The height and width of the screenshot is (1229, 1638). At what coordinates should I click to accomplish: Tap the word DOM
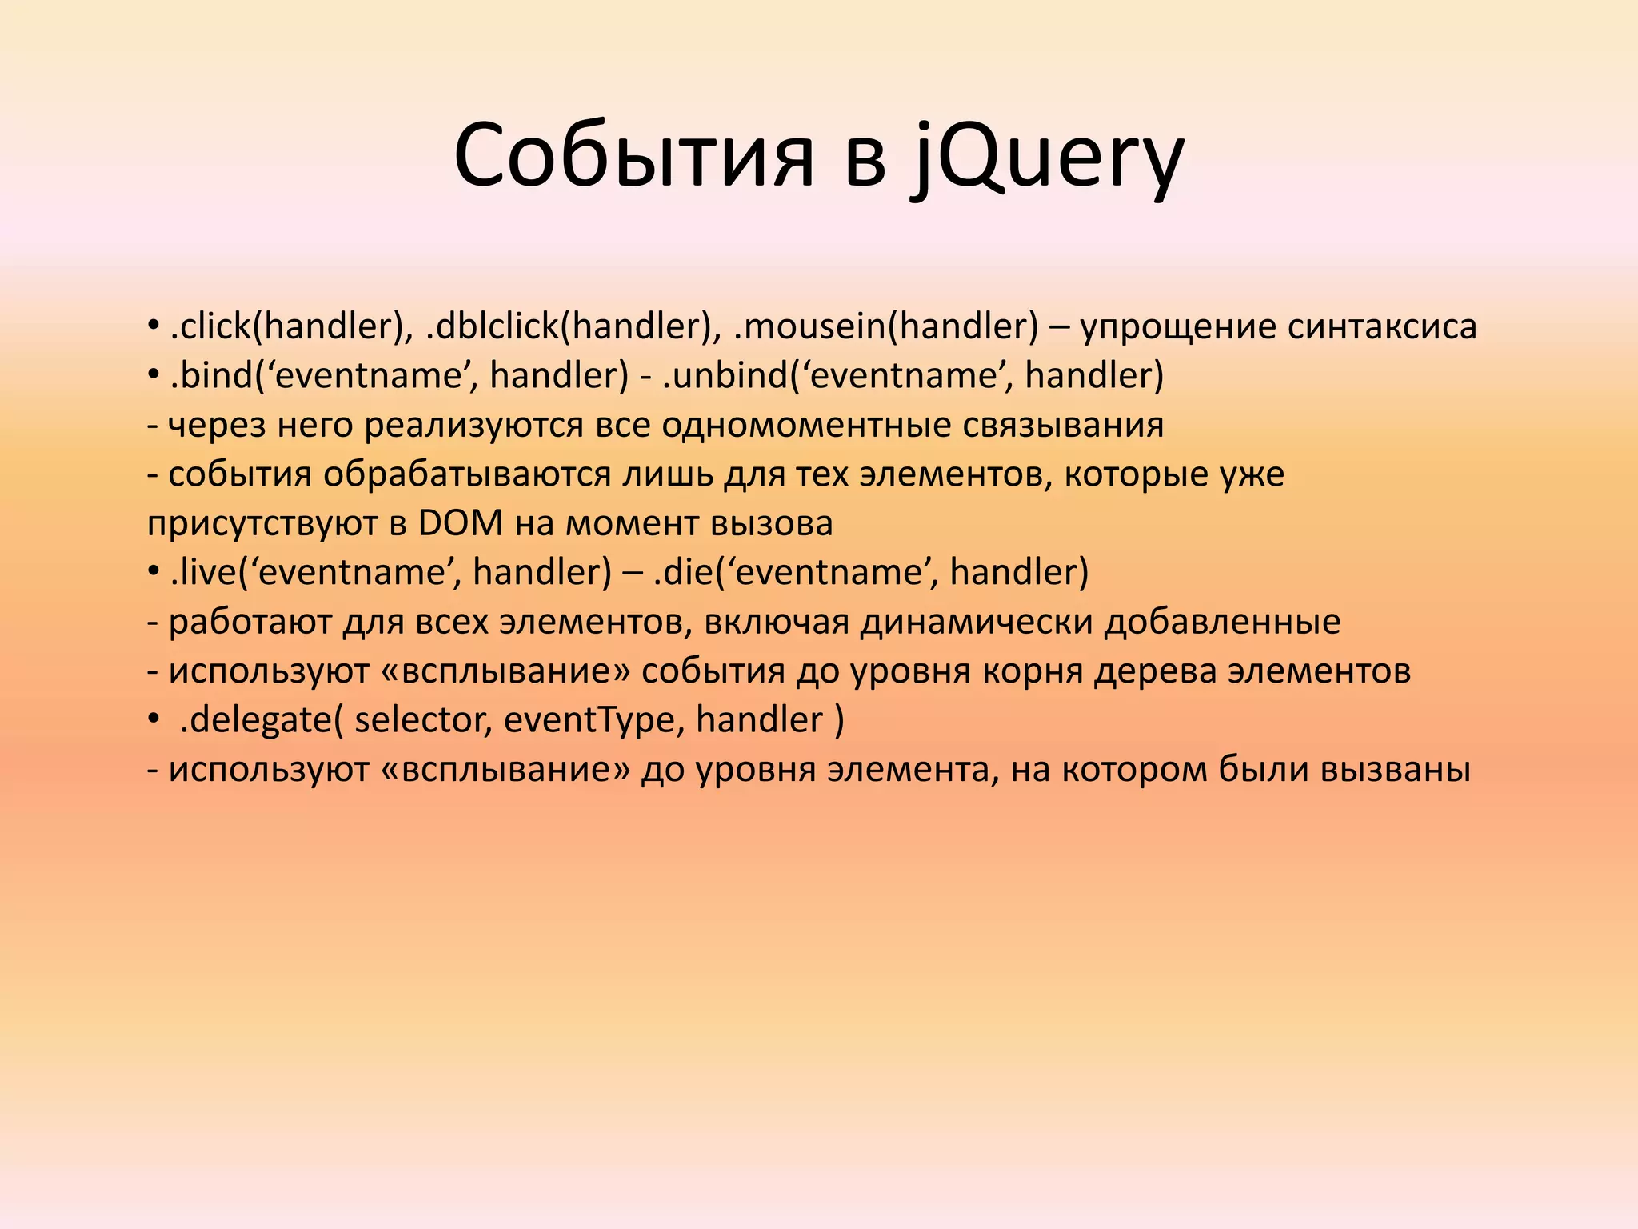coord(461,523)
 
